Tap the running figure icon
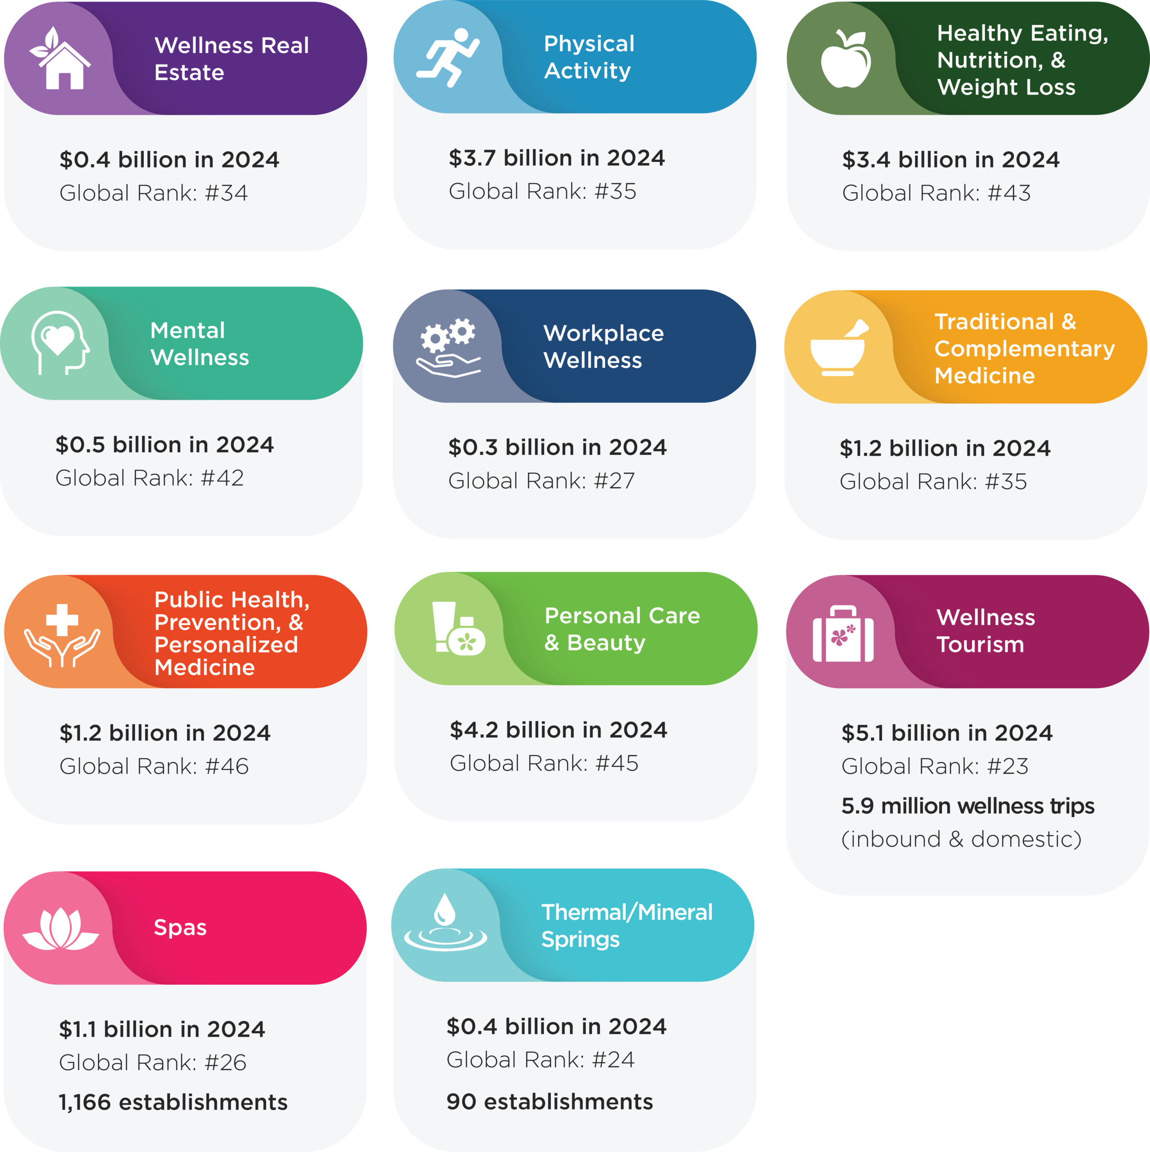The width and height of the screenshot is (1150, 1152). [448, 57]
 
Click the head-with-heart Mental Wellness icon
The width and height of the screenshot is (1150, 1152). [60, 343]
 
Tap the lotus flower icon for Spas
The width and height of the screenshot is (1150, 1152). [60, 928]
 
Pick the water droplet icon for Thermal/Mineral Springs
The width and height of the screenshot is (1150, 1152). [445, 921]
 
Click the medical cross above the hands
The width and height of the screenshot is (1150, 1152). [62, 620]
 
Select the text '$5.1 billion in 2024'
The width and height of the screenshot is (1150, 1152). [946, 733]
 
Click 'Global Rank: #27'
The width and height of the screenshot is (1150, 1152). [541, 481]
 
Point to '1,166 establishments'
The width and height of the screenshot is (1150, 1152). [173, 1102]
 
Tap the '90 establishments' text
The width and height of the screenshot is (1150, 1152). [549, 1101]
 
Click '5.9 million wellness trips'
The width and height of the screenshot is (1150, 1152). [967, 805]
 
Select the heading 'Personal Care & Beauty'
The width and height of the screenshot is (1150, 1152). [621, 629]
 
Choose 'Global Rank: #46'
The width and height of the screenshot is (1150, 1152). [154, 766]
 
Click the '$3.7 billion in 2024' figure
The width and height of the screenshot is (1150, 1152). [557, 158]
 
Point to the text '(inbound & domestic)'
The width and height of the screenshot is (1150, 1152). [961, 839]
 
